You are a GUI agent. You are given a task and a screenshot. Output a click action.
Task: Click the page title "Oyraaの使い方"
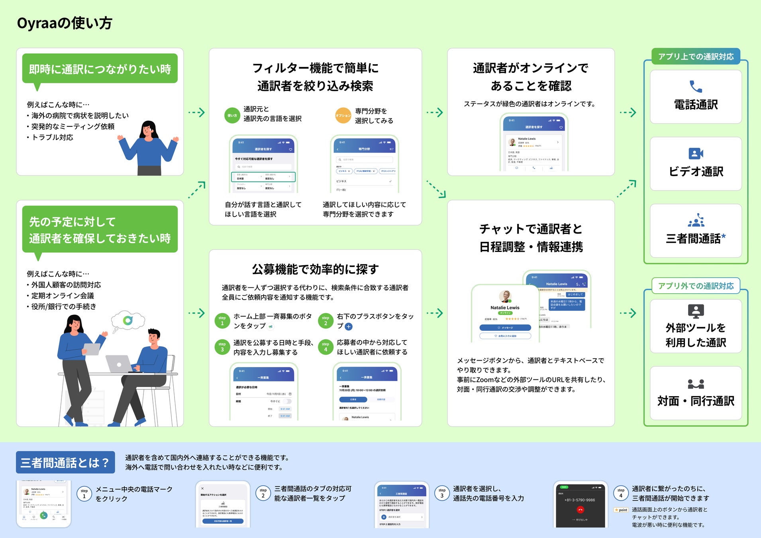[65, 23]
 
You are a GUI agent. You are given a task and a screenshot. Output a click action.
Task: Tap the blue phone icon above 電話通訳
[696, 86]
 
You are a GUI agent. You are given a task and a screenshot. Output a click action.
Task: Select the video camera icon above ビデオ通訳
[696, 153]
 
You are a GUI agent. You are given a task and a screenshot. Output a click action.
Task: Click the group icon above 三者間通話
[696, 220]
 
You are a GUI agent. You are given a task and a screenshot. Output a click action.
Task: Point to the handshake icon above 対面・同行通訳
[696, 384]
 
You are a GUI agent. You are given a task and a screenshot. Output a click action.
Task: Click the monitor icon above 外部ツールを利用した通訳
[696, 311]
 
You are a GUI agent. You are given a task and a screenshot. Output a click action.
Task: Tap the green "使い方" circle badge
[232, 116]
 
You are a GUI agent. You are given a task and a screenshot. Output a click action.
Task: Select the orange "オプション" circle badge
[343, 116]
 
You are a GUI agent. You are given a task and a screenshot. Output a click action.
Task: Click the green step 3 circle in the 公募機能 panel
[222, 347]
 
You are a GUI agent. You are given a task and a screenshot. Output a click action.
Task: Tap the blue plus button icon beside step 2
[349, 327]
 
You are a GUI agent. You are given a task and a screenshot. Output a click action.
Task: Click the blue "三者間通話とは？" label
[65, 462]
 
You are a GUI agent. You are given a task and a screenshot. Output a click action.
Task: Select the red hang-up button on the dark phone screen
[580, 510]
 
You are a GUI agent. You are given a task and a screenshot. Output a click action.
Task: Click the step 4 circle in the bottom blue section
[621, 493]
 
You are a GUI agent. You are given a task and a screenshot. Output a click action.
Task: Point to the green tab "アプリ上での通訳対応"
[696, 57]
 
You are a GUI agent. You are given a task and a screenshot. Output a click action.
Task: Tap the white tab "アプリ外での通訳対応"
[696, 286]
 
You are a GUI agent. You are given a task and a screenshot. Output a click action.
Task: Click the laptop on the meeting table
[119, 364]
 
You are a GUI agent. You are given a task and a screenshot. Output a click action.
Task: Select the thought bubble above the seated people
[128, 320]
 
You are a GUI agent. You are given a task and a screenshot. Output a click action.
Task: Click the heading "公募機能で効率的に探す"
[315, 269]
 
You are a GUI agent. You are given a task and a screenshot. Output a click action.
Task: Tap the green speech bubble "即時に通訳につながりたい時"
[100, 69]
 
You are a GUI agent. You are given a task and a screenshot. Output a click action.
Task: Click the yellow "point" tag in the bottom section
[621, 510]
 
